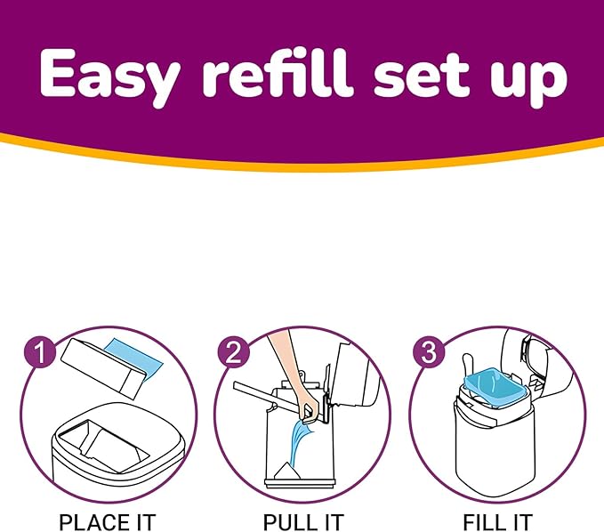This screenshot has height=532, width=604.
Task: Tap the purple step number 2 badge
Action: tap(230, 352)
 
